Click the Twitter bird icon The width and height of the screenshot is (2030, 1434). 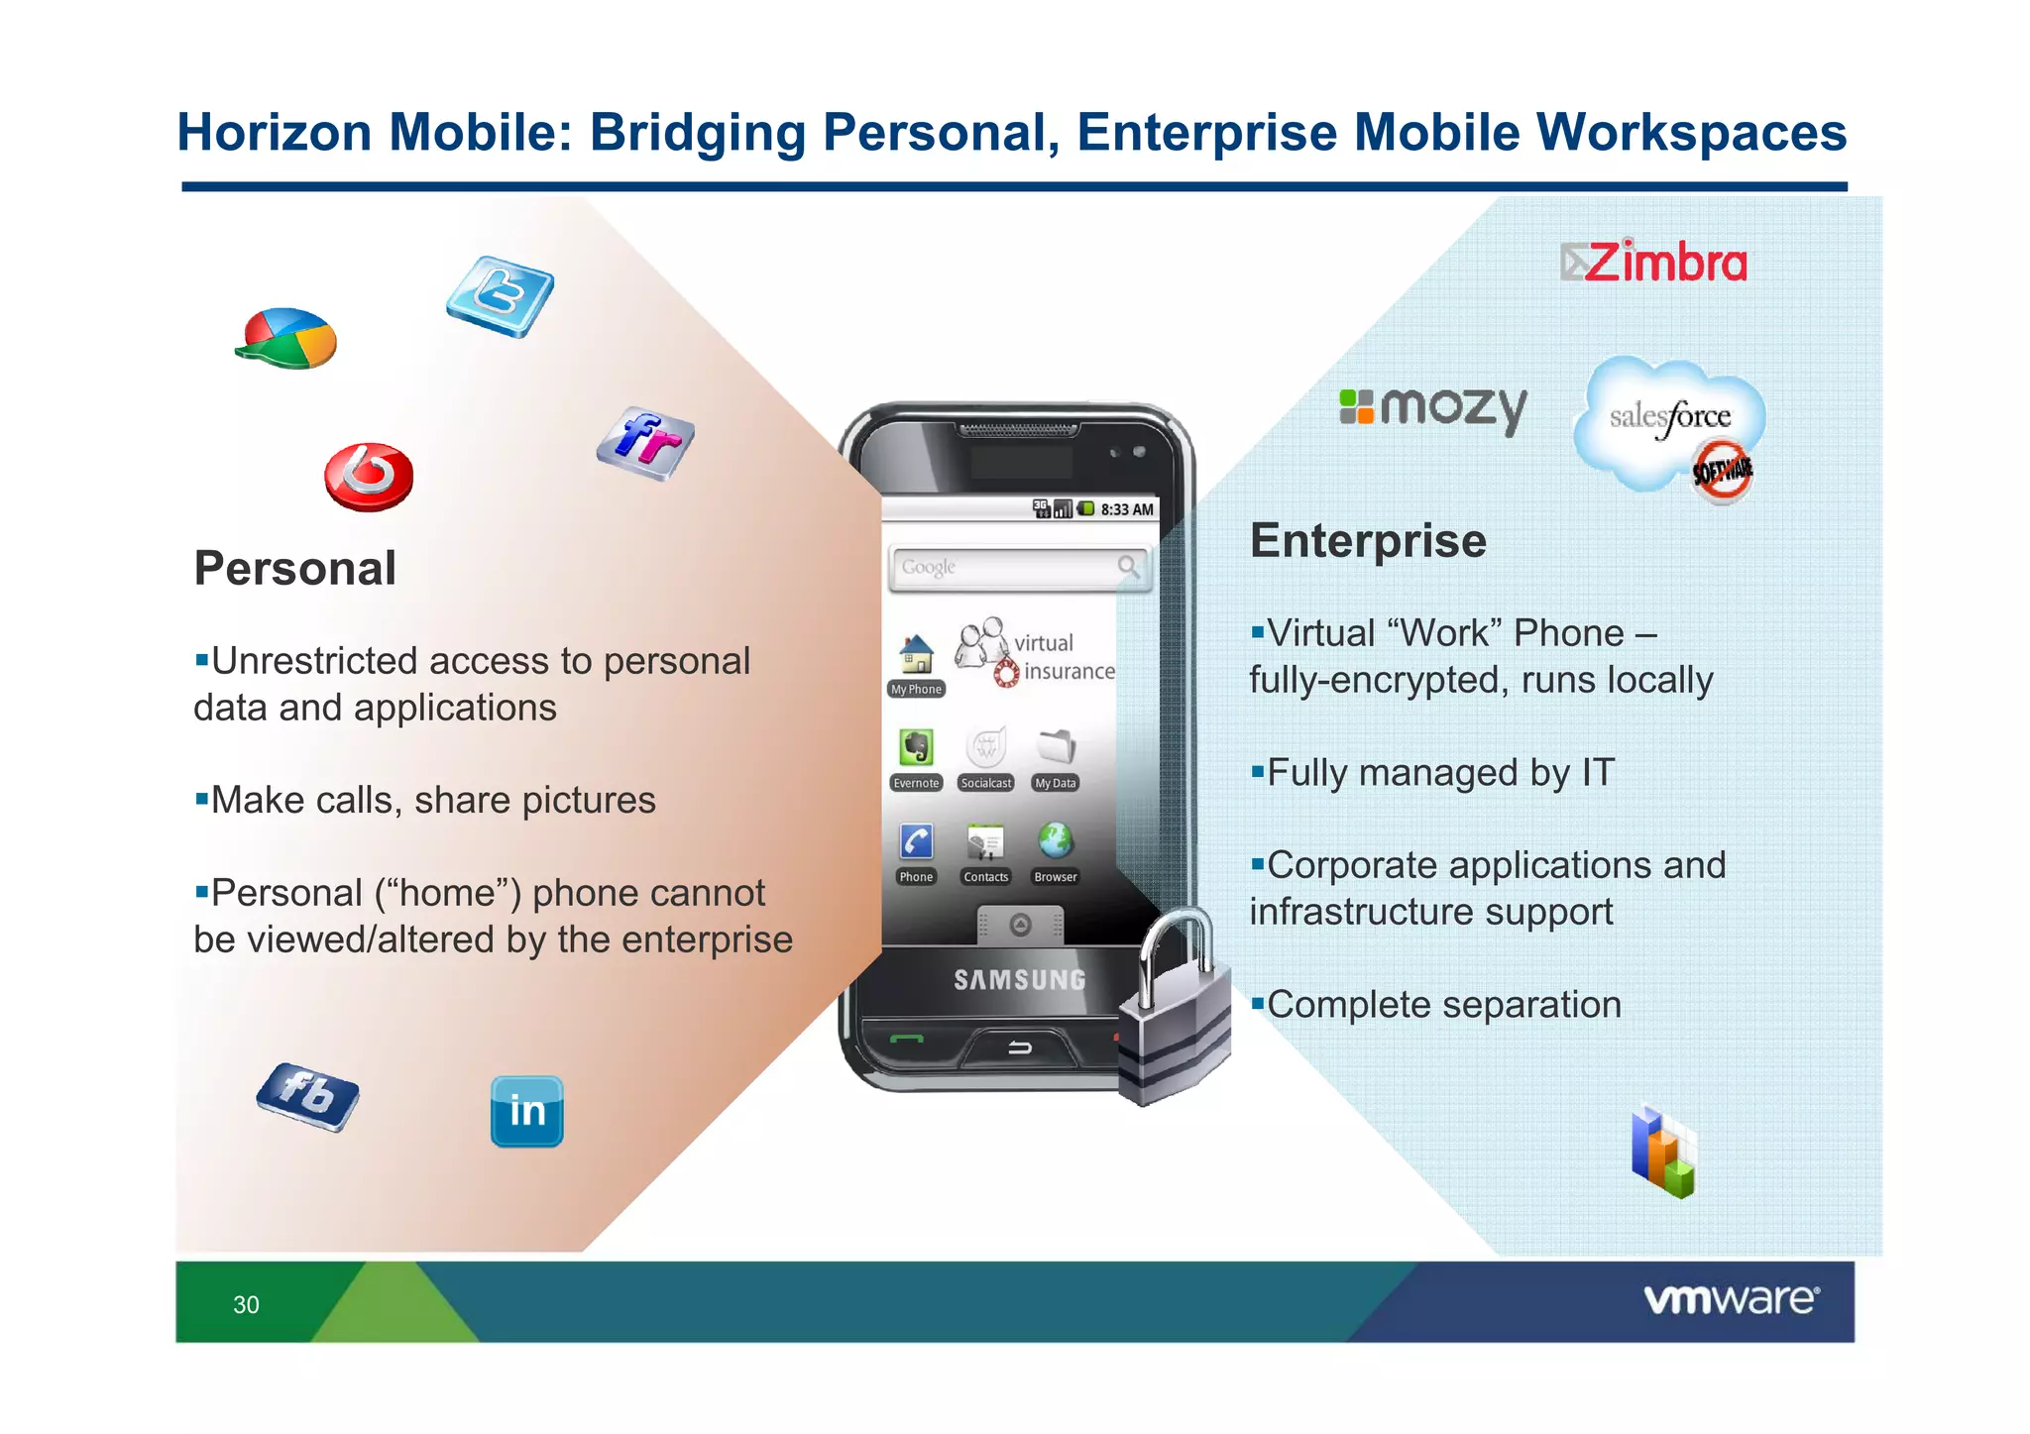500,295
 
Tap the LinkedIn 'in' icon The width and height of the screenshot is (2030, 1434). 526,1111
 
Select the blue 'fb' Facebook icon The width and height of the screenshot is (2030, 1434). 307,1095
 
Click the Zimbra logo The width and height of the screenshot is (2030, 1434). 1653,262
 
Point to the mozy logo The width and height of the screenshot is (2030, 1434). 1433,407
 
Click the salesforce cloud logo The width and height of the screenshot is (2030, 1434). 1669,420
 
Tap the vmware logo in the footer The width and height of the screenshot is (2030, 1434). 1731,1299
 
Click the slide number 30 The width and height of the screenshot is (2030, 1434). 246,1304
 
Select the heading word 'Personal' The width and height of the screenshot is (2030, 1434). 295,569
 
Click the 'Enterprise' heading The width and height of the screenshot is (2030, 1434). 1368,541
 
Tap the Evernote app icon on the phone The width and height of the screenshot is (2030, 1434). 916,747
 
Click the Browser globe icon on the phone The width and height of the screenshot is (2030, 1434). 1055,841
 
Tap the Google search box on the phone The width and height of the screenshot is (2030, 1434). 1019,568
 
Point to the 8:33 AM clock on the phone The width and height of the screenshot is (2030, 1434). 1127,509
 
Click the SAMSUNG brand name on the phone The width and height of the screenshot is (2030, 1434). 1019,980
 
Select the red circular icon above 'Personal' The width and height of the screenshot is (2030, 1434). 369,477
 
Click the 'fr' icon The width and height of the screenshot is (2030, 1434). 645,442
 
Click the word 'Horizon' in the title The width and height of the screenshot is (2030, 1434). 274,133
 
